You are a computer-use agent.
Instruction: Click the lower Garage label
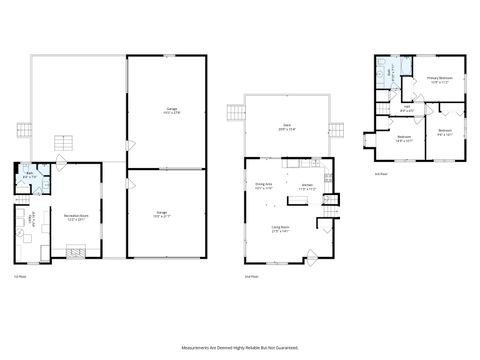[x=162, y=214]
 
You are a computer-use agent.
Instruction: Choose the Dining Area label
[x=264, y=185]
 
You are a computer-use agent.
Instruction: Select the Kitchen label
[x=309, y=187]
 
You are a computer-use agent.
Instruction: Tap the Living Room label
[x=282, y=230]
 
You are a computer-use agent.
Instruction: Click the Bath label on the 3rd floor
[x=393, y=72]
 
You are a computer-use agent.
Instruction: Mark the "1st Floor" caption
[x=18, y=276]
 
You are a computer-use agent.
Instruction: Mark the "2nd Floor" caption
[x=251, y=276]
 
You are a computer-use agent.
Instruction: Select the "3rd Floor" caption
[x=380, y=172]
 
